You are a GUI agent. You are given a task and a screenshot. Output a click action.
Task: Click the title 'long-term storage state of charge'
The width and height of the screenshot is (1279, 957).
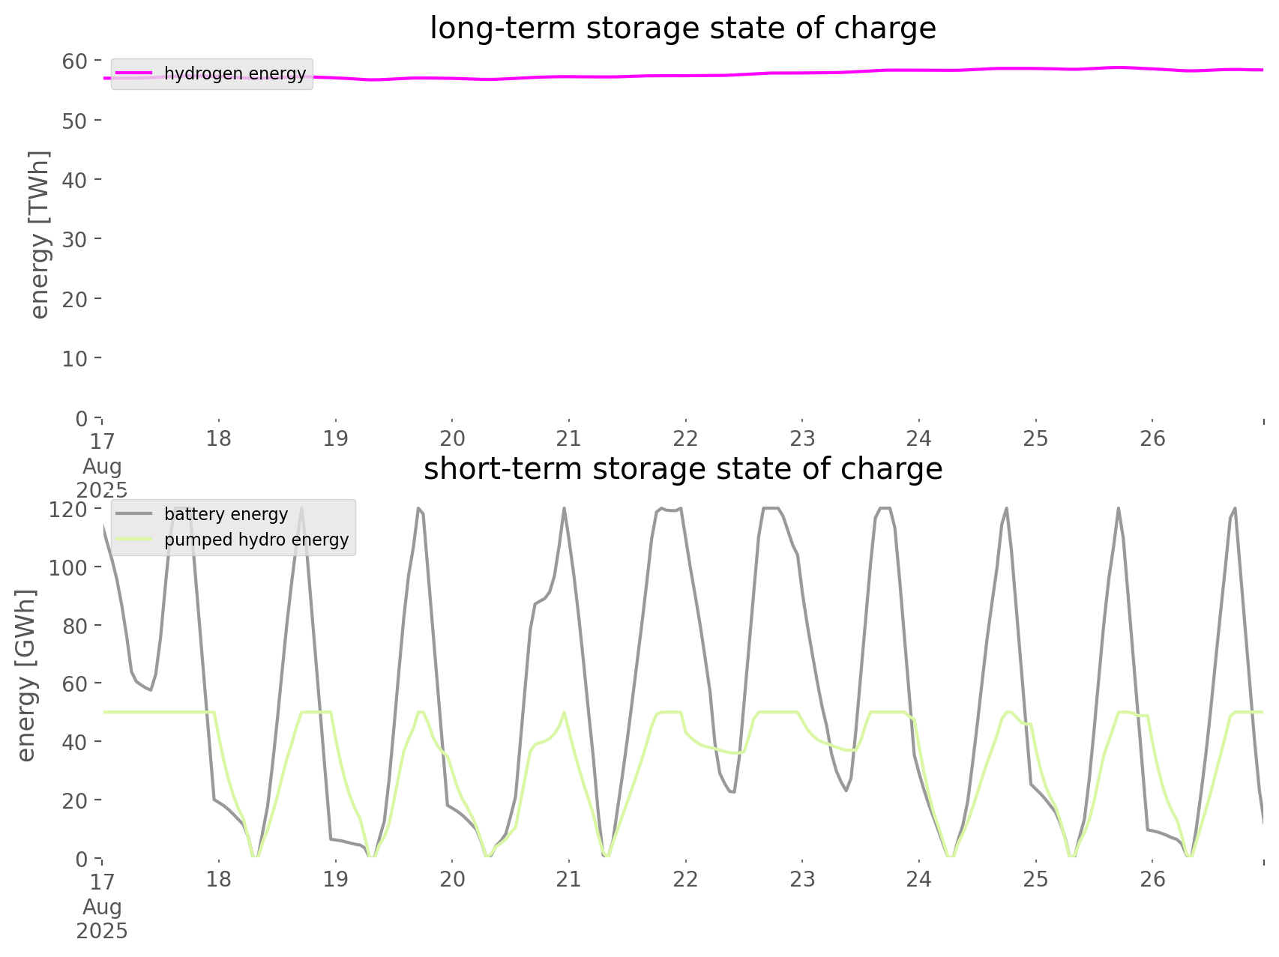[682, 28]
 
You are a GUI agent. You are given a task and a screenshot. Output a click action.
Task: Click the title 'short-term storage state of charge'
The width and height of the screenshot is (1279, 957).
[682, 469]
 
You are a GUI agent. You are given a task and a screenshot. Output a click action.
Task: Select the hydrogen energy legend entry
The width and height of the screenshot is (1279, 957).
[235, 73]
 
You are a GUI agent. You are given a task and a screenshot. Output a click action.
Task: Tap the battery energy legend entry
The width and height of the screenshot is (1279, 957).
[226, 514]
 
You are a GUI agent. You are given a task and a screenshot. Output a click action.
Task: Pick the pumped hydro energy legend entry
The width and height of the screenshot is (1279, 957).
[256, 540]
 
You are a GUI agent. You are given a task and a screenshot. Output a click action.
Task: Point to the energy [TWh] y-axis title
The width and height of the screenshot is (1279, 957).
[39, 235]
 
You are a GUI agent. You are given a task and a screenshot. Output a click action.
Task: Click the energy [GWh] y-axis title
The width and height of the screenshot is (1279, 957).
[25, 675]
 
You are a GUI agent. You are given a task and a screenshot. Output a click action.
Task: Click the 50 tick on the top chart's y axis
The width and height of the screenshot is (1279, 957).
[75, 121]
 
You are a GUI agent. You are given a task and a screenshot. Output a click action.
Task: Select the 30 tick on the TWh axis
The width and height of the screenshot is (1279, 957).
[75, 239]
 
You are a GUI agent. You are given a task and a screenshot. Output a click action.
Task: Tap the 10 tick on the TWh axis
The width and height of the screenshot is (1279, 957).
[75, 358]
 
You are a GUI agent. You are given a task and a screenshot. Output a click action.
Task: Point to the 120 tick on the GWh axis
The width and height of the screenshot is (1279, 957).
[68, 510]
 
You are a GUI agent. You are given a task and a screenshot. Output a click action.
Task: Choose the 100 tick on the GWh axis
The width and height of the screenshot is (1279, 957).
[68, 567]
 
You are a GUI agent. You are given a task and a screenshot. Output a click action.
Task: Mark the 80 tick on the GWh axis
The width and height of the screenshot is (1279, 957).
[75, 626]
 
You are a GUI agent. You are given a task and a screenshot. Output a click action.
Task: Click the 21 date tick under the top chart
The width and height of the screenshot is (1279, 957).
[569, 438]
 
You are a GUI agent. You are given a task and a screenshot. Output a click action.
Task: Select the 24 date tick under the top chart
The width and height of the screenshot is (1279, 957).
[919, 438]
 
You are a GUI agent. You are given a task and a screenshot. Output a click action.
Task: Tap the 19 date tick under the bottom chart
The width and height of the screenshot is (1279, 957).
[335, 879]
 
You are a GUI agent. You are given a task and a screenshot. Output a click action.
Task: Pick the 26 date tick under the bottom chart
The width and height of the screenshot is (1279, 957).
[1153, 879]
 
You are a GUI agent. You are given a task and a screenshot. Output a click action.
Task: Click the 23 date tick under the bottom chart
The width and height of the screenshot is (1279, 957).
[802, 879]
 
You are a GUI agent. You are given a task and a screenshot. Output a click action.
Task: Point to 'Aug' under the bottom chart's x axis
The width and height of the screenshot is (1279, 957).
[102, 907]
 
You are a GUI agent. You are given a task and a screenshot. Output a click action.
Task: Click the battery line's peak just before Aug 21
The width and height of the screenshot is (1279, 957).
[564, 509]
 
